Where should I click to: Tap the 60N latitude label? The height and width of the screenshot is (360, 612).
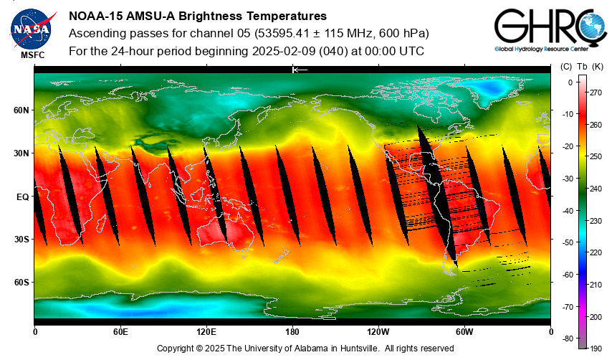[x=21, y=110]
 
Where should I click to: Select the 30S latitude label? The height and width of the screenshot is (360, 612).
[x=21, y=240]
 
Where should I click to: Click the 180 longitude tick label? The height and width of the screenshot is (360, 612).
[x=292, y=332]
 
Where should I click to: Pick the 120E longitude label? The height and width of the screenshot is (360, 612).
[x=206, y=332]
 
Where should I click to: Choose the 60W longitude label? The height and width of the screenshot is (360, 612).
[x=464, y=332]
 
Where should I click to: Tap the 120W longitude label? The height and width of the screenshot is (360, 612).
[x=378, y=332]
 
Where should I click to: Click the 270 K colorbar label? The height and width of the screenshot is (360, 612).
[x=595, y=93]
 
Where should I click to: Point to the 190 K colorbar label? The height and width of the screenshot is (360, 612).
[x=595, y=348]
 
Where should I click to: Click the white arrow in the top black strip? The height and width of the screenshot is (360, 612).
[x=300, y=70]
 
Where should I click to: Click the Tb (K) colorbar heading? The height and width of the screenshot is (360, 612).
[x=590, y=67]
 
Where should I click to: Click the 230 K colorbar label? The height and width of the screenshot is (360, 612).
[x=595, y=220]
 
